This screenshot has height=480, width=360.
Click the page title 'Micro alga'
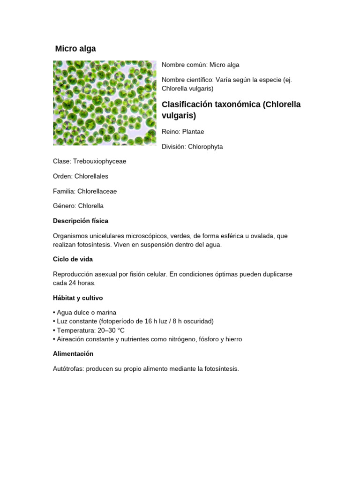[75, 49]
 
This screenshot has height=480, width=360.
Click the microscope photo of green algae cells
[105, 103]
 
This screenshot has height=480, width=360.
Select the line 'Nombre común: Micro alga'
[200, 65]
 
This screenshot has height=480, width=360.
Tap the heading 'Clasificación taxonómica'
[211, 104]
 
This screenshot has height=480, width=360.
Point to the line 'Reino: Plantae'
[183, 132]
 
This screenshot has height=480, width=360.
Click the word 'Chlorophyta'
[205, 147]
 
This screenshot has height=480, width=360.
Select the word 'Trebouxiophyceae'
[99, 161]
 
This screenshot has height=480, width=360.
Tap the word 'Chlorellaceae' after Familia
[97, 191]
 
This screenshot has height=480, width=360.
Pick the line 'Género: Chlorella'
[78, 206]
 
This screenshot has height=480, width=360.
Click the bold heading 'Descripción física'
[81, 221]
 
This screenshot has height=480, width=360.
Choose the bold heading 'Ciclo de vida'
[73, 259]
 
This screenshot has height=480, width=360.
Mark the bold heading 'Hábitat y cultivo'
[78, 298]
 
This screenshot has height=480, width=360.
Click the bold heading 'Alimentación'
[73, 353]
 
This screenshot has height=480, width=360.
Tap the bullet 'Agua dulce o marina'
[86, 312]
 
